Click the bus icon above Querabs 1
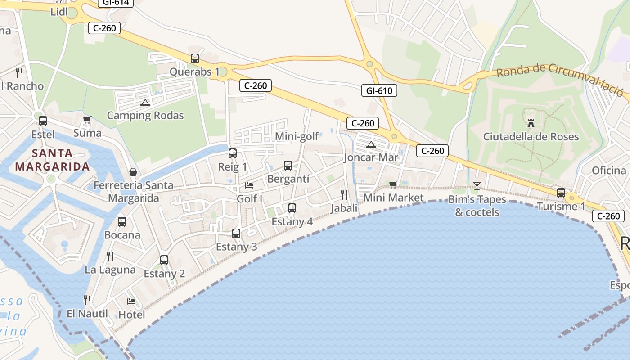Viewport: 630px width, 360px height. click(x=195, y=58)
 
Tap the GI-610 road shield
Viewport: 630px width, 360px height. click(x=379, y=90)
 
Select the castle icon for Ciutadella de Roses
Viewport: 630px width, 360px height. click(x=531, y=123)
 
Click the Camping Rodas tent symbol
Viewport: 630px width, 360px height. click(x=145, y=103)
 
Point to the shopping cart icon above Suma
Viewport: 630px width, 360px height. click(x=87, y=120)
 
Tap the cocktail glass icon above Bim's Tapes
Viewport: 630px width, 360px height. click(x=477, y=185)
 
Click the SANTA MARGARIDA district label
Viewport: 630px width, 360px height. click(x=53, y=160)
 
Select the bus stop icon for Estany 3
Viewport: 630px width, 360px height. click(x=236, y=234)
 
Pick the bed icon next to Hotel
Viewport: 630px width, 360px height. click(x=131, y=301)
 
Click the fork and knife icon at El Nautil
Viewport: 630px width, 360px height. click(x=87, y=300)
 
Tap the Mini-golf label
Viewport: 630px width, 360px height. click(x=297, y=136)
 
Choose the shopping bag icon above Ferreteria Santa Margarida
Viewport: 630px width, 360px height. click(x=133, y=172)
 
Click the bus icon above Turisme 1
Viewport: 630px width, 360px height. click(x=561, y=193)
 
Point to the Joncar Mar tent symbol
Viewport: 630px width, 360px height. click(x=371, y=145)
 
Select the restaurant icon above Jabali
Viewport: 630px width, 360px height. click(x=344, y=194)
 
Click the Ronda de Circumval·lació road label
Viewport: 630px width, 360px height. click(x=560, y=78)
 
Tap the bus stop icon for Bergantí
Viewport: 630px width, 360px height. click(x=288, y=166)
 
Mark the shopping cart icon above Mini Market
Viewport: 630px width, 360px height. click(x=393, y=184)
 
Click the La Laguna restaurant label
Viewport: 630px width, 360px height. click(x=110, y=270)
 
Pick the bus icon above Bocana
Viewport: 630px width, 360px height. click(x=122, y=222)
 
